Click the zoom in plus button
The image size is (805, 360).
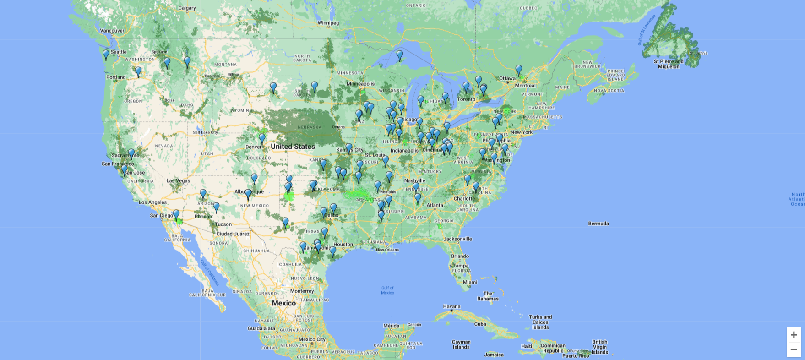[794, 335]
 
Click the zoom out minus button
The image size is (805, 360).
[794, 350]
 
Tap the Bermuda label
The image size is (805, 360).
[598, 224]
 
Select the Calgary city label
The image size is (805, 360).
[187, 8]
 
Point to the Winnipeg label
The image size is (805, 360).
[328, 23]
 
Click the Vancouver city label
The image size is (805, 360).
[112, 31]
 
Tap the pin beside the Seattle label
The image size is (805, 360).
[106, 55]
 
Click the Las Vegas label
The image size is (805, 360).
[178, 180]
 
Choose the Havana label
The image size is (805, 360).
[451, 306]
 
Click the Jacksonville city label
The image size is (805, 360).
[457, 239]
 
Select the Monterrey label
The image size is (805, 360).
[302, 291]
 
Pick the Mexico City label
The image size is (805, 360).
[312, 339]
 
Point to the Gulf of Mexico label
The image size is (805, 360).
[387, 290]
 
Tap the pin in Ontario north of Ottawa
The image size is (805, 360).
[518, 70]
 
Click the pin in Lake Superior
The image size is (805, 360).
[400, 55]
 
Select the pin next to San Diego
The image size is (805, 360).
[176, 215]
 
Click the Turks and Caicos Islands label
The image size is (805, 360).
[540, 322]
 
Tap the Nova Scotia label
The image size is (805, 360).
[609, 91]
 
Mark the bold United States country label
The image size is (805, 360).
[293, 147]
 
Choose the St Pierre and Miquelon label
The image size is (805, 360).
[669, 64]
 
